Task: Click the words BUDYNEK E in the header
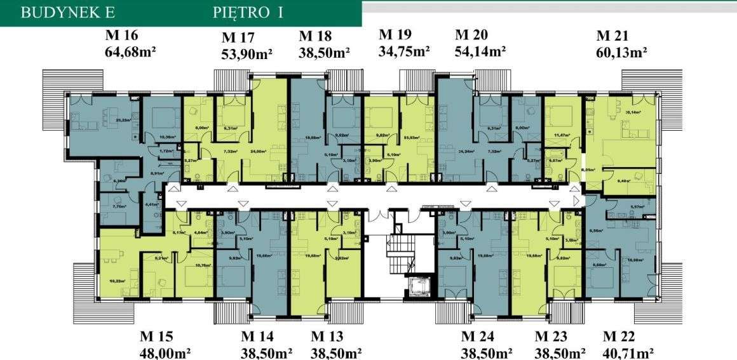[x=59, y=13]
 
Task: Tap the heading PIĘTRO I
[x=248, y=13]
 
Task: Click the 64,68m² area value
[x=130, y=50]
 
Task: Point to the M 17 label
[x=238, y=38]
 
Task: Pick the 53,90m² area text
[x=247, y=54]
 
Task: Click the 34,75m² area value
[x=404, y=50]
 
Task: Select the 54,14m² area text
[x=480, y=50]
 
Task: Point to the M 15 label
[x=156, y=337]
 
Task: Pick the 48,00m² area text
[x=165, y=352]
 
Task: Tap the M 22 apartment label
[x=619, y=337]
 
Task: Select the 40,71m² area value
[x=628, y=352]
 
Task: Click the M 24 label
[x=477, y=337]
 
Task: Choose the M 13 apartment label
[x=327, y=337]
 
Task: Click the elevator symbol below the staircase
[x=420, y=288]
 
